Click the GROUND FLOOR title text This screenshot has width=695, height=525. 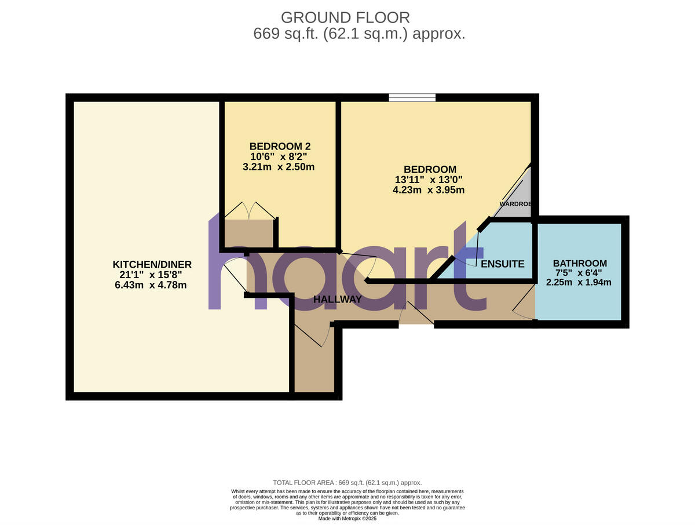(345, 17)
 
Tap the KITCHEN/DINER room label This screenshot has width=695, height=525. (152, 265)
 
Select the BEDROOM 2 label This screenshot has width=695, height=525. (284, 146)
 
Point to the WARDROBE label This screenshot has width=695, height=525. (515, 204)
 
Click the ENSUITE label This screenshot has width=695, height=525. (502, 264)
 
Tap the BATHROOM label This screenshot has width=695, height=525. (580, 263)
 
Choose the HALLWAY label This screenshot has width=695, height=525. (337, 300)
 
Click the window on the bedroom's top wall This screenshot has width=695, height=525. (412, 97)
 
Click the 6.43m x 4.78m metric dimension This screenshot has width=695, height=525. (152, 285)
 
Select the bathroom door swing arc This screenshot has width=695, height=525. (523, 304)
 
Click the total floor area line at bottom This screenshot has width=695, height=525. (347, 483)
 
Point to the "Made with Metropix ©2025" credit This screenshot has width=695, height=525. (348, 519)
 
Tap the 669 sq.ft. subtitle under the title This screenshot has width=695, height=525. (359, 34)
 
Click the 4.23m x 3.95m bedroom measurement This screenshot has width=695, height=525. (429, 189)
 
